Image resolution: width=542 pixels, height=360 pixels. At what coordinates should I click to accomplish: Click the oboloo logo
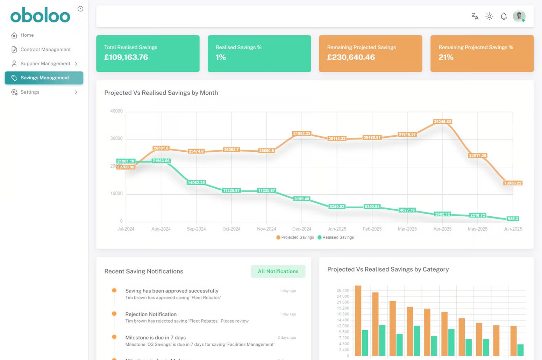pyautogui.click(x=40, y=15)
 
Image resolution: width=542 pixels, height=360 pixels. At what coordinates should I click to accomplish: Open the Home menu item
pyautogui.click(x=27, y=35)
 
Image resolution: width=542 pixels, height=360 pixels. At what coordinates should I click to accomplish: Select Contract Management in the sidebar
pyautogui.click(x=45, y=49)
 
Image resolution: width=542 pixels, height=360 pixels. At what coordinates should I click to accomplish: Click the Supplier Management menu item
pyautogui.click(x=45, y=64)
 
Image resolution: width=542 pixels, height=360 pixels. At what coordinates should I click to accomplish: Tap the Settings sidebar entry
pyautogui.click(x=30, y=92)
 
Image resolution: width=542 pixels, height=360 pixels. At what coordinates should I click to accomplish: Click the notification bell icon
pyautogui.click(x=504, y=16)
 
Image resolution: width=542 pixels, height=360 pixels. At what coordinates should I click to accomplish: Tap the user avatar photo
pyautogui.click(x=519, y=16)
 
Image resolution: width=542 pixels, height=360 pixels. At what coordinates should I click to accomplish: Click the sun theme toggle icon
pyautogui.click(x=489, y=16)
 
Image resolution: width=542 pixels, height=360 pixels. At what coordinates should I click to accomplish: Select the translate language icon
pyautogui.click(x=475, y=16)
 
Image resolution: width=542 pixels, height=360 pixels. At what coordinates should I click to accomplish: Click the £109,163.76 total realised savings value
pyautogui.click(x=126, y=57)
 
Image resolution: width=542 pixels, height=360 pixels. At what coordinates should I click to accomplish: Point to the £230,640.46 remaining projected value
pyautogui.click(x=351, y=57)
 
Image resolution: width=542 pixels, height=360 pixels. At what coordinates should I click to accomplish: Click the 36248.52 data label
pyautogui.click(x=442, y=122)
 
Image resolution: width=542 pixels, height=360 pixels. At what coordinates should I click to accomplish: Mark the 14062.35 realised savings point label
pyautogui.click(x=196, y=182)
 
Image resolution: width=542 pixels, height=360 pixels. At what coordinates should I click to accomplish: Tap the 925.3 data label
pyautogui.click(x=513, y=219)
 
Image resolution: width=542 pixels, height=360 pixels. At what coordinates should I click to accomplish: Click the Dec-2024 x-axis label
pyautogui.click(x=301, y=229)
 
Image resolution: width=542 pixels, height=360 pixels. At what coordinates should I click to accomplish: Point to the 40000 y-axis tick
pyautogui.click(x=116, y=111)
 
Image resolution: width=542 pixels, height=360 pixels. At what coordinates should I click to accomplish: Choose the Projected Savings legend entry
pyautogui.click(x=295, y=237)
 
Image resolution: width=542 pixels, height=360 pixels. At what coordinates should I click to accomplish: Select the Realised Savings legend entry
pyautogui.click(x=336, y=237)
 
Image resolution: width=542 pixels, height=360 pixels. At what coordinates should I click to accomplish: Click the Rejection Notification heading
pyautogui.click(x=151, y=314)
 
